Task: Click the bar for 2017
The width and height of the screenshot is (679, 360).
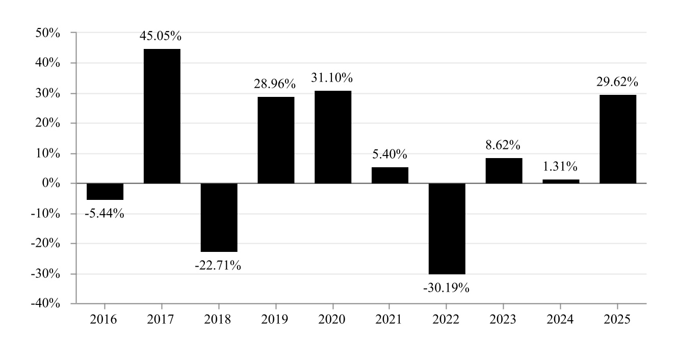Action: (162, 116)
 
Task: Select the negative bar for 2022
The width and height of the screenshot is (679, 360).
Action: (447, 228)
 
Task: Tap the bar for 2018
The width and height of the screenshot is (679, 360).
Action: (219, 217)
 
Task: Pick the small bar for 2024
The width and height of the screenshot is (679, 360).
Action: (561, 181)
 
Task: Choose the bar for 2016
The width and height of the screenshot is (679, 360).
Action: (105, 191)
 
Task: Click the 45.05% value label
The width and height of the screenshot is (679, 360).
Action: (161, 37)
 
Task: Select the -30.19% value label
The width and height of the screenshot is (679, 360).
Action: (446, 288)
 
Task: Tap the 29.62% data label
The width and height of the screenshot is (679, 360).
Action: (617, 82)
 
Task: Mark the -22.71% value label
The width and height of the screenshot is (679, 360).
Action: (218, 265)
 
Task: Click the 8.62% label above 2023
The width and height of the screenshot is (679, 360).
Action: (503, 145)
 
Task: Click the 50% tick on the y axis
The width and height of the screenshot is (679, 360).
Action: (50, 33)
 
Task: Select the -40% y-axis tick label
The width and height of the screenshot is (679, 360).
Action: (47, 303)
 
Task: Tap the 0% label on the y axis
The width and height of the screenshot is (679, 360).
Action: (53, 183)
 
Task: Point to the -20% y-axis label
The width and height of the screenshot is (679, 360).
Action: (47, 243)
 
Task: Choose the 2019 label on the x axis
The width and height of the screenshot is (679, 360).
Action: (276, 320)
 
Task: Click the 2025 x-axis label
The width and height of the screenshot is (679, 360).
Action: (618, 320)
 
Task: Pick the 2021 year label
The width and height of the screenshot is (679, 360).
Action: (390, 320)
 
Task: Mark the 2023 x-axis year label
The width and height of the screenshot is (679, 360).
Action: (504, 320)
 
